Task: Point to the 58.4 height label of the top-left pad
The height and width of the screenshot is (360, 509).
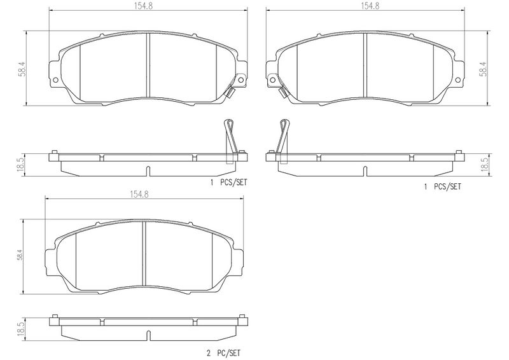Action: click(22, 69)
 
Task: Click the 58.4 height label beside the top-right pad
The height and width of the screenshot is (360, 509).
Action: click(484, 69)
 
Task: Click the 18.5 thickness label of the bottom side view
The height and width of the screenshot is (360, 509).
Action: click(21, 329)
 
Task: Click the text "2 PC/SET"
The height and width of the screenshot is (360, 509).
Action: click(224, 353)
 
